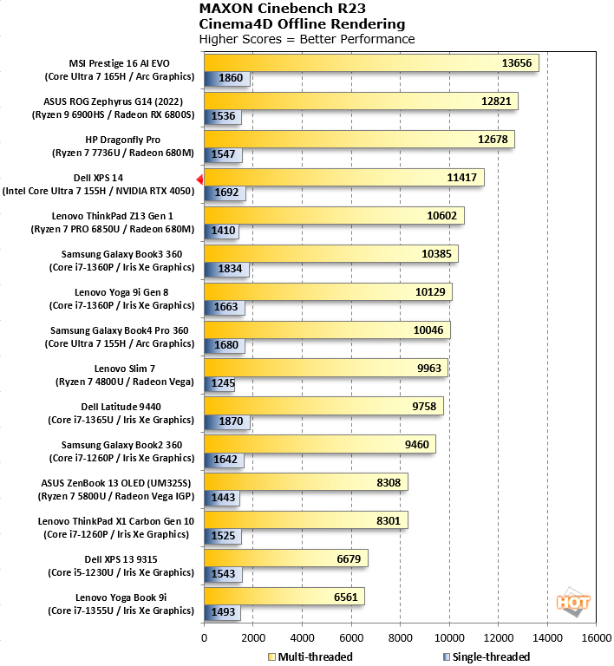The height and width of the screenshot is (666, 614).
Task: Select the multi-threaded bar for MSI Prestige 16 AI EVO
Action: pos(371,63)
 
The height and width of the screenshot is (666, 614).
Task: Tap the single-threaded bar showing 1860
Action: pos(226,79)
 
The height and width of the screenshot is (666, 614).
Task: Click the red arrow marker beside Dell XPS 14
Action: pos(199,179)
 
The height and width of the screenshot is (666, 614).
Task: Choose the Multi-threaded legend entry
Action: pos(310,656)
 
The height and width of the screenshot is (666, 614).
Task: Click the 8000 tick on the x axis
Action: pos(400,640)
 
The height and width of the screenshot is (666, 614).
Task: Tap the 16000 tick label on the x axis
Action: pos(595,640)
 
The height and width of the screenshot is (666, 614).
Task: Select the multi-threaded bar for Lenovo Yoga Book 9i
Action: pos(284,596)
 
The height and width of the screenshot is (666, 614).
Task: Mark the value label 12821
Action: pos(496,101)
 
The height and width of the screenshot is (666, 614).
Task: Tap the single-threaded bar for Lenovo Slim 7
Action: pos(219,383)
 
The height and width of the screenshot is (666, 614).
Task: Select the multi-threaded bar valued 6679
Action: pos(285,558)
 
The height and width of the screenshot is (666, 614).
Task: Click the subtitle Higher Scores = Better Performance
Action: pos(306,39)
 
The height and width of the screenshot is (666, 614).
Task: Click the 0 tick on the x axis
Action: pos(204,640)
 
